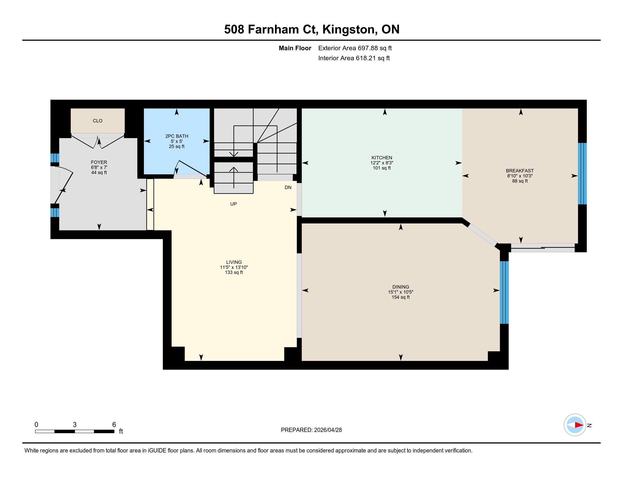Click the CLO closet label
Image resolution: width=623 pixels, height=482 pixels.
98,121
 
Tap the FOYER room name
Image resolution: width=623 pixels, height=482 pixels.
99,162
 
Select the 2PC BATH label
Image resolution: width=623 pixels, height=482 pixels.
177,136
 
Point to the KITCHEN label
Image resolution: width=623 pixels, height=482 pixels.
382,158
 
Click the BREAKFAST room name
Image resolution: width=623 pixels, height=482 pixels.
520,171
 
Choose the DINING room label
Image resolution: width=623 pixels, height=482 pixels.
400,287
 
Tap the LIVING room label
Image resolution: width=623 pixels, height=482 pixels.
234,262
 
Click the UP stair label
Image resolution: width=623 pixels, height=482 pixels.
233,204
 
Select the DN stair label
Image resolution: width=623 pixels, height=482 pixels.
288,187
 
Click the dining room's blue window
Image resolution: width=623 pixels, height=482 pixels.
504,292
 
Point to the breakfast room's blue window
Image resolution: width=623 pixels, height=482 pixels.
582,174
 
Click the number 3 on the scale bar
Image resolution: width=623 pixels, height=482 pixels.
75,425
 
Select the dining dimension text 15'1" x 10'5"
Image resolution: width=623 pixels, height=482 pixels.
400,292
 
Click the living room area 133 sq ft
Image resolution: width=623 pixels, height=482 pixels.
234,272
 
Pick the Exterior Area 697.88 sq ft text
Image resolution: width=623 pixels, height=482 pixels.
355,48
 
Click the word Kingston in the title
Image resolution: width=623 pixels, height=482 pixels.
348,29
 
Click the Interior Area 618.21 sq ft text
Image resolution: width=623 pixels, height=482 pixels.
354,58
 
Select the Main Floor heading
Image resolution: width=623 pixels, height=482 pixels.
295,48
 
